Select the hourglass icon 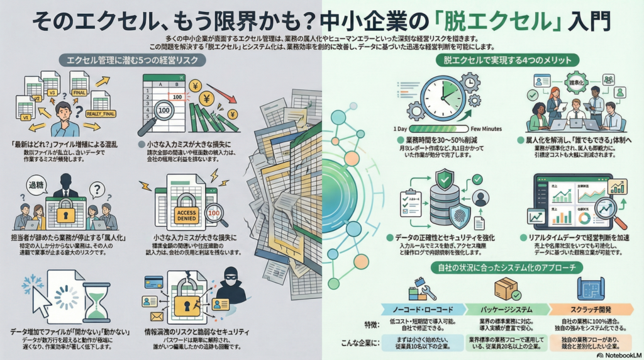coord(96,301)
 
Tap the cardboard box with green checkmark coord(506,289)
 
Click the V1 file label coord(26,118)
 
